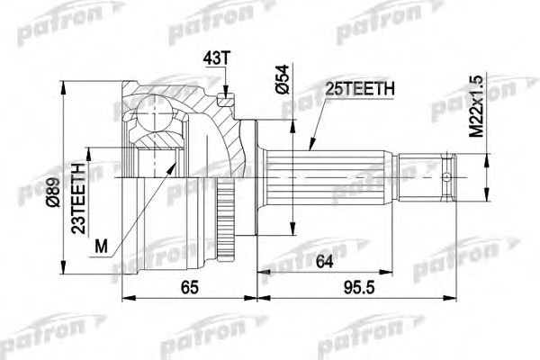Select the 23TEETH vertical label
tap(79, 197)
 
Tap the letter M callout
tap(101, 246)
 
